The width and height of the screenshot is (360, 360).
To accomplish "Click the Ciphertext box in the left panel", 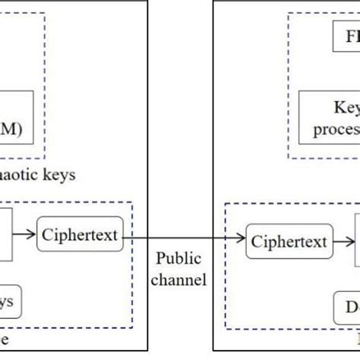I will coord(80,235).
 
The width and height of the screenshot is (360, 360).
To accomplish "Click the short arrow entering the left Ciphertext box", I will coord(24,235).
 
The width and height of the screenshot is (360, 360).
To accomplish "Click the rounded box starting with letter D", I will coord(346,307).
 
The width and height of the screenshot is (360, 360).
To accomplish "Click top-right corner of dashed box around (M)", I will coord(45,13).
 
